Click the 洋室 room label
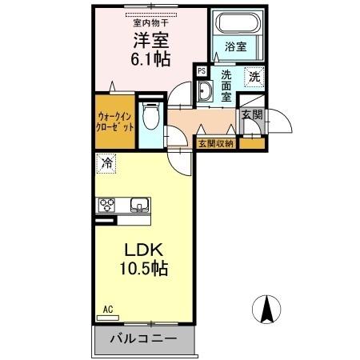point(145,40)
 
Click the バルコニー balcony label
point(144,339)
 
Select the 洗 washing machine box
point(253,77)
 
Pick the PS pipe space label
point(202,71)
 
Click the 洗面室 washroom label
point(226,85)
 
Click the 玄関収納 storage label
point(216,144)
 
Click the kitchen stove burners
point(106,206)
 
